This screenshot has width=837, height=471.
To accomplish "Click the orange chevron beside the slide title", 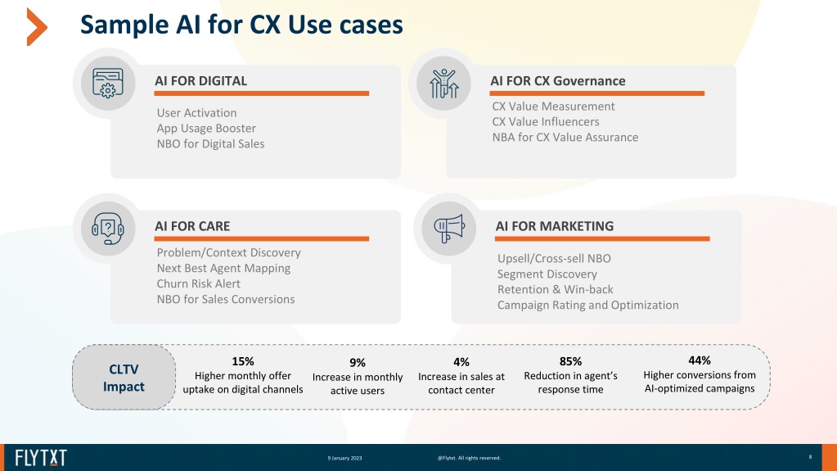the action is pos(35,27).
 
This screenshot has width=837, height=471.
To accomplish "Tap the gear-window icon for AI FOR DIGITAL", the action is pos(108,83).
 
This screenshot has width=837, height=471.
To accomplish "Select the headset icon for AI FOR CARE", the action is pos(108,229).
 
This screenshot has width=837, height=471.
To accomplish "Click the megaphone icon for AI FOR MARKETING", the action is pos(449,229).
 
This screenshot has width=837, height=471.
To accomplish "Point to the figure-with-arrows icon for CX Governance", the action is pos(443,84).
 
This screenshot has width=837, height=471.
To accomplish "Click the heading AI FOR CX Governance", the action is pos(558,81).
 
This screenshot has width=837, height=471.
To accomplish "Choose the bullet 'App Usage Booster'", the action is pos(206,129).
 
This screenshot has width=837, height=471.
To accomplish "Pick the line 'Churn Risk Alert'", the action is pos(199,284).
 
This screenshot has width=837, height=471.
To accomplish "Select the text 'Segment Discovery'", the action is pos(547,274).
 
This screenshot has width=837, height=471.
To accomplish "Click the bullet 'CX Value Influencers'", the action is pos(546,122).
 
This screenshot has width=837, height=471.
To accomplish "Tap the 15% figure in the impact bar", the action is pos(243,361).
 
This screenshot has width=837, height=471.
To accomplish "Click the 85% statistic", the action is pos(570,362).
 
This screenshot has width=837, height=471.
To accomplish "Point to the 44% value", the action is pos(700,360).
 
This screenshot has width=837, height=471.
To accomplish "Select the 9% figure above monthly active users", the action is pos(358,363).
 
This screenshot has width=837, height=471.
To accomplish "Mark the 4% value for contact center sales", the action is pos(461,363).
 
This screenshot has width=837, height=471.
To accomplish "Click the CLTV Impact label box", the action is pos(124,378).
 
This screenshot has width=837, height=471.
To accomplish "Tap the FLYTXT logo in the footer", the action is pos(41,458).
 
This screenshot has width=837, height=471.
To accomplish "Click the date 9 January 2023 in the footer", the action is pos(344,458).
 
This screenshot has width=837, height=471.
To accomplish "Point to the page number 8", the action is pos(810,456).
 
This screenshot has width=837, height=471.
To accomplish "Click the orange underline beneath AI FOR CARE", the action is pos(262,239).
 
